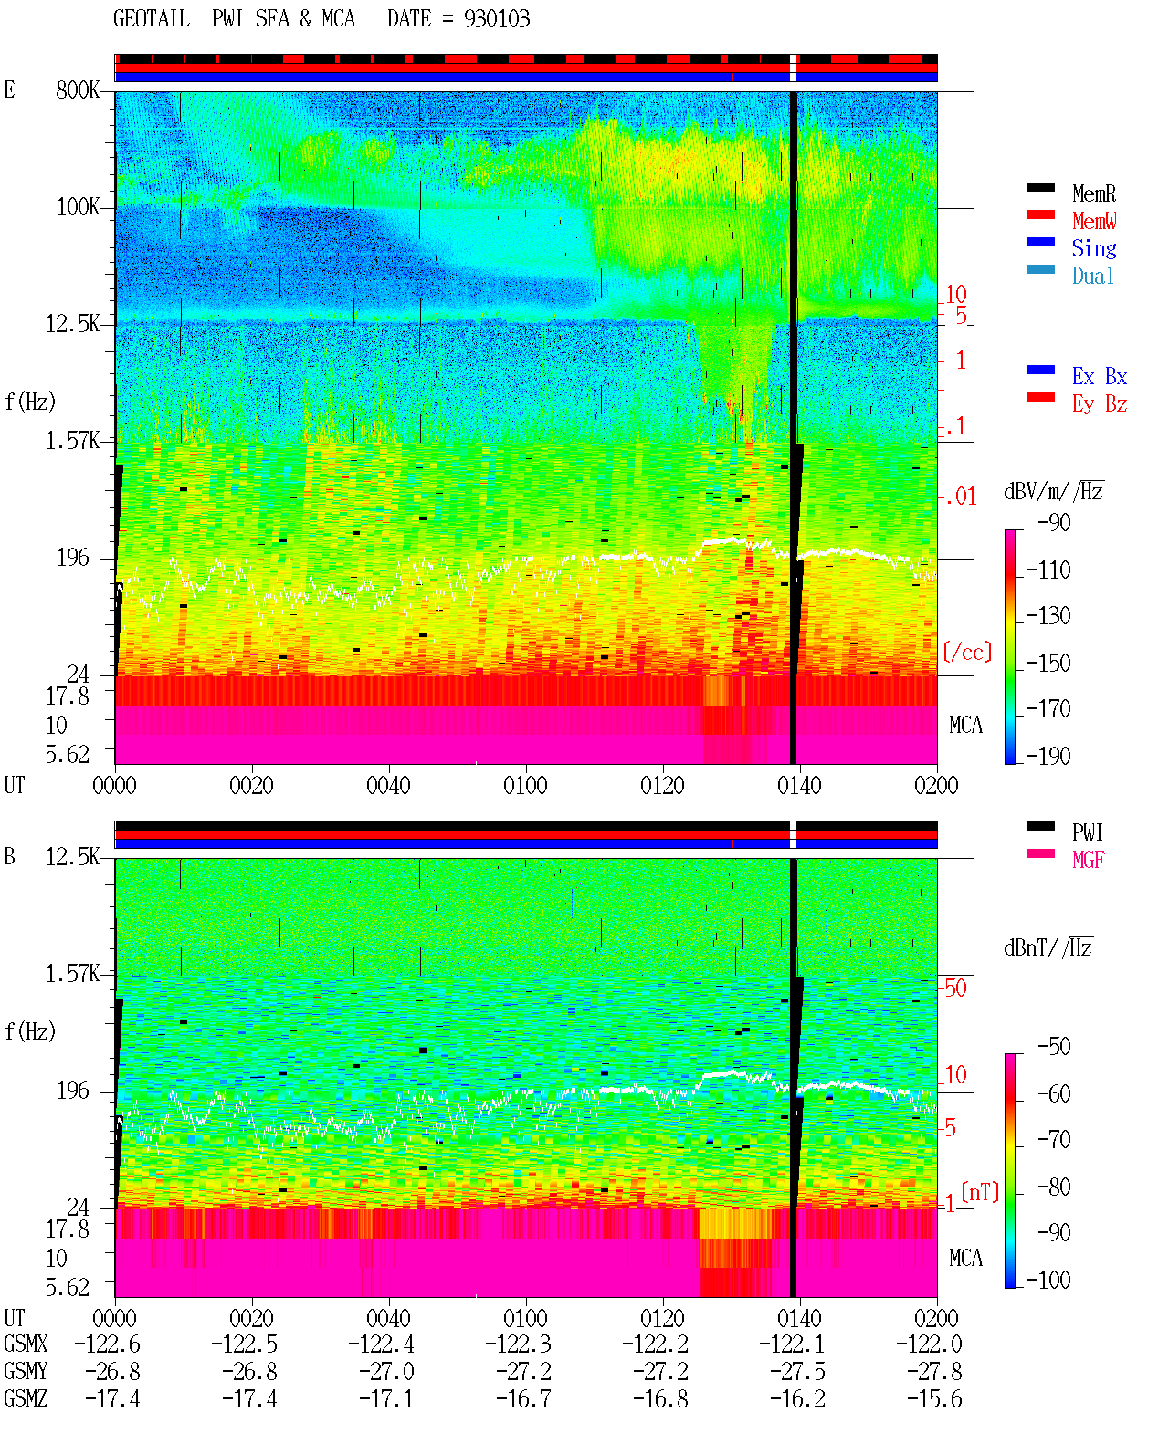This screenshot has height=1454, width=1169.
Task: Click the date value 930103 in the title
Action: pyautogui.click(x=496, y=19)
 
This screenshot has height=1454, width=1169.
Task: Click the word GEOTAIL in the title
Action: pyautogui.click(x=152, y=19)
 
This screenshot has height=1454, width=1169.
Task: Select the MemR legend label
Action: pyautogui.click(x=1093, y=194)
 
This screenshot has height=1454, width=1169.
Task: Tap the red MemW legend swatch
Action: pyautogui.click(x=1040, y=214)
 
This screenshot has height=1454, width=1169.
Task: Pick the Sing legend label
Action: pyautogui.click(x=1093, y=248)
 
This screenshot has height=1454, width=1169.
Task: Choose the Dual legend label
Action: pyautogui.click(x=1093, y=276)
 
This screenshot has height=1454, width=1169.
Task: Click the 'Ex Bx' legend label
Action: pyautogui.click(x=1100, y=376)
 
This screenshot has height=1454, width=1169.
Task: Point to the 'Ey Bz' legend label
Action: pyautogui.click(x=1100, y=403)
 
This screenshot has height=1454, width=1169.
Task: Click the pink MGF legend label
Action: pyautogui.click(x=1088, y=860)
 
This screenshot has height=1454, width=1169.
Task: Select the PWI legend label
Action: pyautogui.click(x=1088, y=832)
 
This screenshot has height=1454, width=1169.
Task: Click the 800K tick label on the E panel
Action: pyautogui.click(x=78, y=89)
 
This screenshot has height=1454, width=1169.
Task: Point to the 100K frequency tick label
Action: pyautogui.click(x=78, y=207)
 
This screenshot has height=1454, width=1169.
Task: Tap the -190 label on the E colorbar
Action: pyautogui.click(x=1048, y=756)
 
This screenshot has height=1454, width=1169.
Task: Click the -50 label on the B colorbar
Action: pyautogui.click(x=1054, y=1047)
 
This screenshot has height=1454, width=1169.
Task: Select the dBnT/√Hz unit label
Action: pyautogui.click(x=1048, y=947)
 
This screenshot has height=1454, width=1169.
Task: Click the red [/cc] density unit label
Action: pyautogui.click(x=967, y=652)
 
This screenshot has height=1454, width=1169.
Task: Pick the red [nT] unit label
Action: pyautogui.click(x=980, y=1192)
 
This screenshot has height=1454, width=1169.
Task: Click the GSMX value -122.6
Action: pyautogui.click(x=108, y=1344)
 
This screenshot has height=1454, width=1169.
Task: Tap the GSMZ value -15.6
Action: pyautogui.click(x=934, y=1398)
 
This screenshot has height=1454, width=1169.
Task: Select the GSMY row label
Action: pyautogui.click(x=26, y=1372)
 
